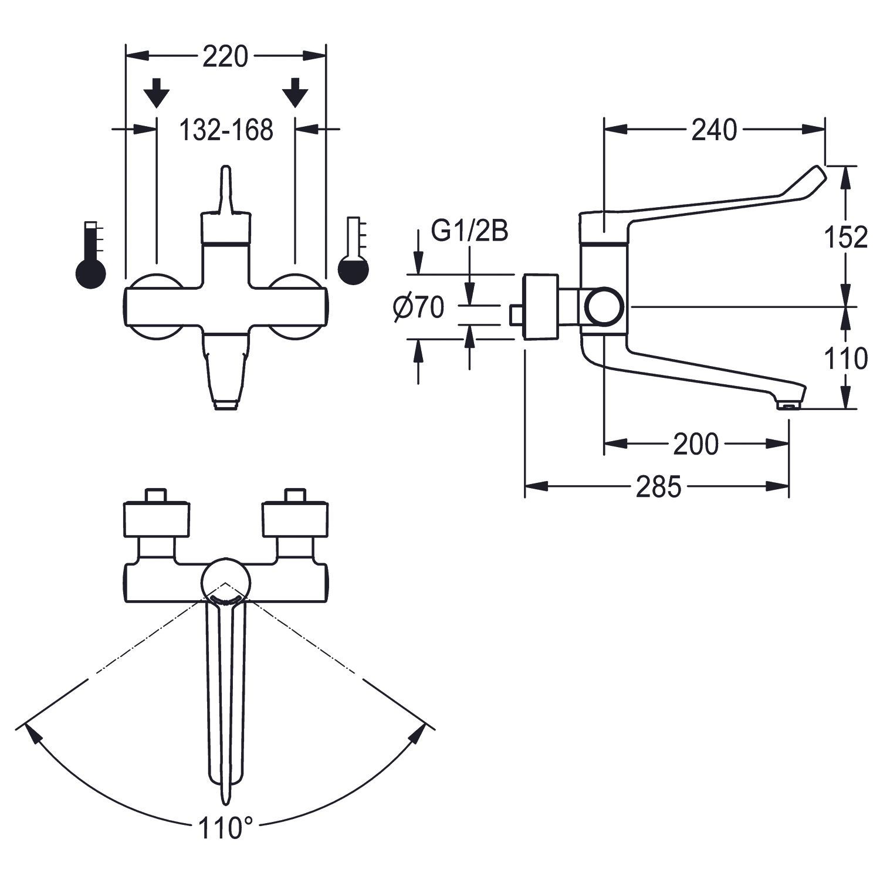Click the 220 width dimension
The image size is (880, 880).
[x=226, y=57]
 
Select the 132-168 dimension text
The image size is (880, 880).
[x=226, y=130]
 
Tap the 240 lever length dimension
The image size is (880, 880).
[x=713, y=130]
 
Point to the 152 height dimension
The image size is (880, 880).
[x=845, y=237]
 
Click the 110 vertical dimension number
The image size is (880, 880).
[x=845, y=358]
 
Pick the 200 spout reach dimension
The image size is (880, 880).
[x=695, y=444]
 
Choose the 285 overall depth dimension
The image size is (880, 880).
[x=659, y=486]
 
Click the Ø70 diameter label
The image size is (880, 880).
[x=419, y=307]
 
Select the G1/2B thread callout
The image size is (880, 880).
[x=469, y=232]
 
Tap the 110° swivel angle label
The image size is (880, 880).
[x=225, y=829]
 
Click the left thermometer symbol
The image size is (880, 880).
[x=91, y=255]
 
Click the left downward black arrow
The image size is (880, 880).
[x=157, y=93]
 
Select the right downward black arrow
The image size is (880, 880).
[x=295, y=93]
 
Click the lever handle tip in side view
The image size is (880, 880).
[x=818, y=174]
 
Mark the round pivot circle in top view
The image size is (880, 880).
[x=225, y=581]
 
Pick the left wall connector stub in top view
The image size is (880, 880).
[x=157, y=495]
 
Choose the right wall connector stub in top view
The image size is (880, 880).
[x=295, y=495]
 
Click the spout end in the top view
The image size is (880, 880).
[x=225, y=798]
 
